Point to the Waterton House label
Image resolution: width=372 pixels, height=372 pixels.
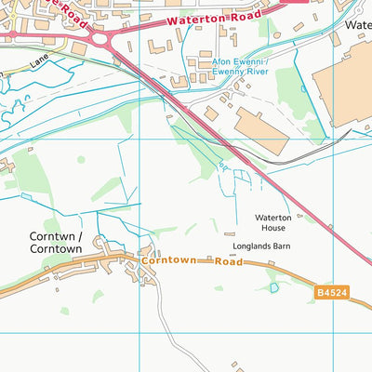pyautogui.click(x=273, y=223)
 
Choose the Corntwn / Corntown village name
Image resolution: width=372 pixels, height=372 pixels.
pyautogui.click(x=56, y=243)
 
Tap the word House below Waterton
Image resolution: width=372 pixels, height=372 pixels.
pyautogui.click(x=273, y=229)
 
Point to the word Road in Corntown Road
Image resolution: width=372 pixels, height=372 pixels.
pyautogui.click(x=227, y=262)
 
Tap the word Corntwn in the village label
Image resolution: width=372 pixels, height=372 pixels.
pyautogui.click(x=52, y=236)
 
